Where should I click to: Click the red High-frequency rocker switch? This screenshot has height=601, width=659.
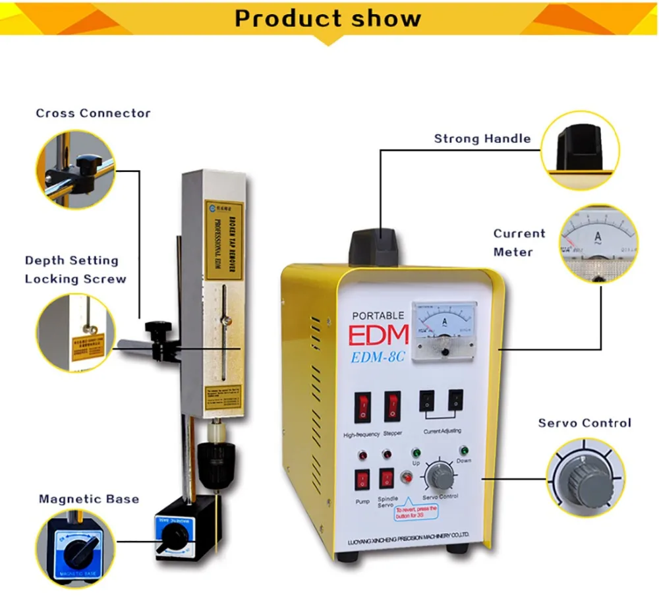pyautogui.click(x=362, y=407)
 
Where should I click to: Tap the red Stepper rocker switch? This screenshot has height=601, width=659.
pyautogui.click(x=392, y=407)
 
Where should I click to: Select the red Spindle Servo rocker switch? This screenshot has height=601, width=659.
pyautogui.click(x=387, y=480)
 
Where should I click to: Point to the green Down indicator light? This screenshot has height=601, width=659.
pyautogui.click(x=464, y=451)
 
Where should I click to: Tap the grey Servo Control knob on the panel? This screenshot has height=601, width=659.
pyautogui.click(x=438, y=474)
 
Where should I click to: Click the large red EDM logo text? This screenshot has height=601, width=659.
pyautogui.click(x=379, y=335)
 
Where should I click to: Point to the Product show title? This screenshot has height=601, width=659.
pyautogui.click(x=328, y=18)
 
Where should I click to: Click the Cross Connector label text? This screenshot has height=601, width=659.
pyautogui.click(x=93, y=113)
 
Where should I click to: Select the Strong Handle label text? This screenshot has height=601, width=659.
pyautogui.click(x=482, y=138)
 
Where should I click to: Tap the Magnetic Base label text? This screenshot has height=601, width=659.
pyautogui.click(x=89, y=498)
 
